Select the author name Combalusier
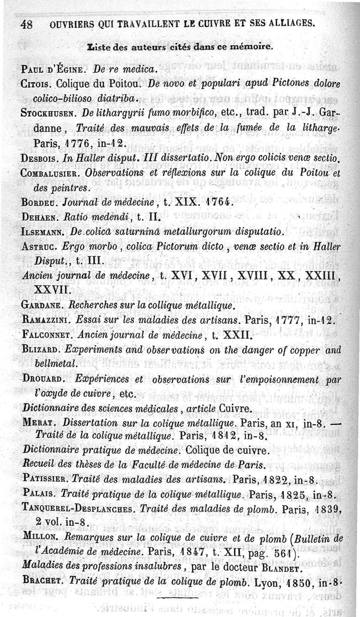(49, 173)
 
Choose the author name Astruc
(39, 247)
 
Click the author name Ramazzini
(45, 320)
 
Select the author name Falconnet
(46, 335)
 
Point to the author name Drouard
(42, 379)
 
